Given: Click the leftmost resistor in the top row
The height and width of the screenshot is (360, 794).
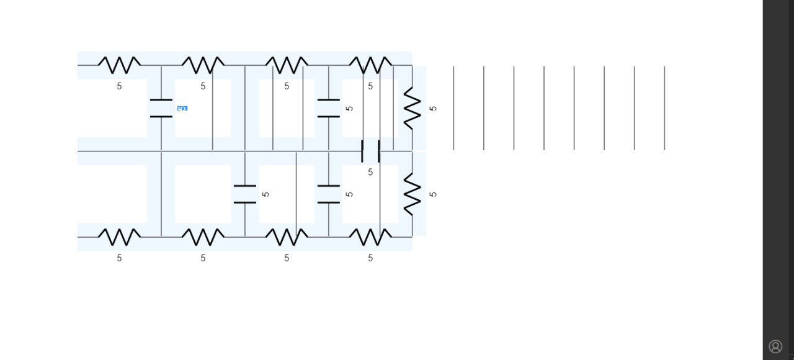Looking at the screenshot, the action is (x=120, y=65).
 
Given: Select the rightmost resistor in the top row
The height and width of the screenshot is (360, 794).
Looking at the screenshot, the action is (x=370, y=65).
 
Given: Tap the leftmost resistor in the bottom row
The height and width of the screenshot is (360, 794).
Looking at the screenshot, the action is (x=120, y=237).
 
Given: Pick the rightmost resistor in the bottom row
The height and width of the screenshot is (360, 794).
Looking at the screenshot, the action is (x=370, y=237).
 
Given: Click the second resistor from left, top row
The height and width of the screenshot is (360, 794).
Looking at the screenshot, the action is (x=203, y=65).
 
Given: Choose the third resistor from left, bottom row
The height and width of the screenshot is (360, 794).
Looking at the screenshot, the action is (x=287, y=237).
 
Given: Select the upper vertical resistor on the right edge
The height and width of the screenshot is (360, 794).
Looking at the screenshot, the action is (x=413, y=108).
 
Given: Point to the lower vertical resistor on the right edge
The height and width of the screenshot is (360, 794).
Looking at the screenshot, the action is (x=413, y=194).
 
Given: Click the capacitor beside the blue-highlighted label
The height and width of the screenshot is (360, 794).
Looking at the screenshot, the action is (x=161, y=108).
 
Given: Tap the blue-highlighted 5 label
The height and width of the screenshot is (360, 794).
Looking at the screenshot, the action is (x=182, y=108).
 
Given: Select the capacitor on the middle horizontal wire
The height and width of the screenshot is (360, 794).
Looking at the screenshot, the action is (x=370, y=151).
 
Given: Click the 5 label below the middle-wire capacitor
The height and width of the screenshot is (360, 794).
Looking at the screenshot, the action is (x=370, y=173).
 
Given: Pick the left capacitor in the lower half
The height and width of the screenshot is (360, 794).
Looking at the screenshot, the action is (x=245, y=194).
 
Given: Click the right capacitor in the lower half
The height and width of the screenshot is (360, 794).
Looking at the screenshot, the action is (x=329, y=194).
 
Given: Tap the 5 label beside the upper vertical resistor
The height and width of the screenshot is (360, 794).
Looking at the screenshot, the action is (x=433, y=108).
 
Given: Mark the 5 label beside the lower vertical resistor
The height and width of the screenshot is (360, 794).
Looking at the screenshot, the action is (x=433, y=194).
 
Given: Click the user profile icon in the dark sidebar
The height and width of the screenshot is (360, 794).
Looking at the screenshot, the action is (x=775, y=346).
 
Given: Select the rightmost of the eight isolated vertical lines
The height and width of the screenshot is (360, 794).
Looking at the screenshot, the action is (x=664, y=108).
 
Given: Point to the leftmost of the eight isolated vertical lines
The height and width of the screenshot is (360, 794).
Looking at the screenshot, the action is (x=453, y=108).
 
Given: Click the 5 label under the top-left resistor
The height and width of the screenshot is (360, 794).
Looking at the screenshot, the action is (x=120, y=86).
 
